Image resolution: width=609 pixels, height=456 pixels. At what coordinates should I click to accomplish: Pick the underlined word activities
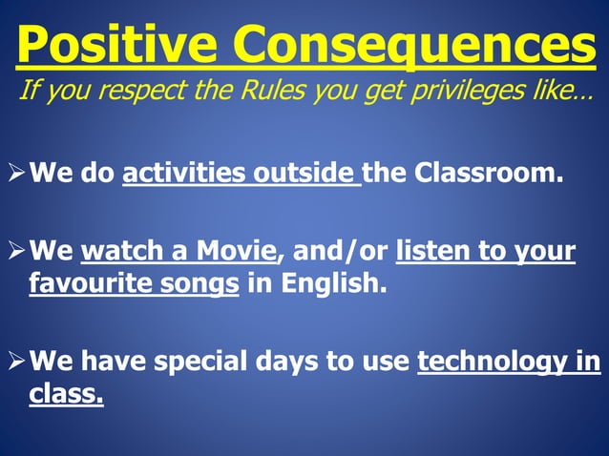[x=184, y=176]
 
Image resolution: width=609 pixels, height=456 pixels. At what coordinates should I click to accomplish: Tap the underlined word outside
[x=303, y=176]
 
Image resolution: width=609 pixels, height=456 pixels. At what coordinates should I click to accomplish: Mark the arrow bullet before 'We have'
[x=15, y=363]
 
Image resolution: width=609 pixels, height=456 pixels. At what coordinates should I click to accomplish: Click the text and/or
[x=335, y=253]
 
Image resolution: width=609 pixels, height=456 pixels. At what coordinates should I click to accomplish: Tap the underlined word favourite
[x=86, y=284]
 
